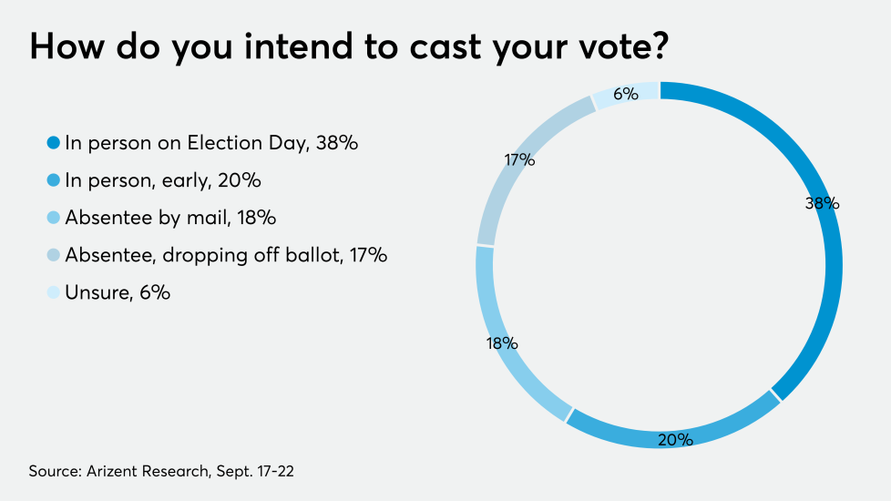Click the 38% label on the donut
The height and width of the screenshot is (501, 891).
point(822,204)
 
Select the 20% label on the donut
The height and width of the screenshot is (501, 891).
point(676,440)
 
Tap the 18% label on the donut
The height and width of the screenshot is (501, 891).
point(502,343)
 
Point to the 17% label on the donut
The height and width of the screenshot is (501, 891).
point(519,160)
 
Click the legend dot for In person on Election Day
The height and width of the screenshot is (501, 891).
point(53,143)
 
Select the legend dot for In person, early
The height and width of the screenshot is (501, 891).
point(53,180)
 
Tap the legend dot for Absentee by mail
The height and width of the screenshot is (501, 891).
point(53,219)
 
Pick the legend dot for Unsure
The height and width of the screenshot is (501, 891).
point(53,293)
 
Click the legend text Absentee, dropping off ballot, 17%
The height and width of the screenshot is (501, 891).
point(226,256)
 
